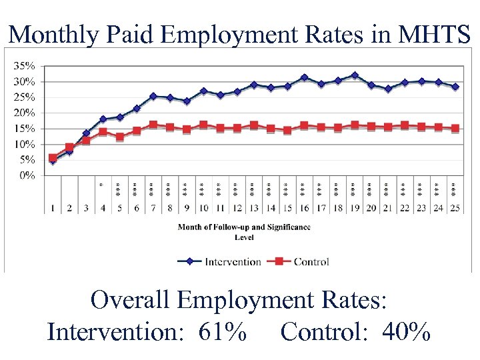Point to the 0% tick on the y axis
click(28, 175)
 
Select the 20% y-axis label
click(26, 113)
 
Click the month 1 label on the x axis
click(53, 209)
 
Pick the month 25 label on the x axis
click(455, 209)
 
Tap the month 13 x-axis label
click(253, 209)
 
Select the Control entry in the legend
click(311, 261)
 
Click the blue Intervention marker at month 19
click(355, 75)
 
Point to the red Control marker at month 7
click(153, 125)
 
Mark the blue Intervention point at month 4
click(103, 119)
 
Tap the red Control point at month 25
click(455, 128)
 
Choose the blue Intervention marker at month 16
click(304, 77)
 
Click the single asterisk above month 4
click(101, 184)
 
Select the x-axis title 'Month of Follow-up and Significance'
click(244, 227)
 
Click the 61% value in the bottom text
click(223, 331)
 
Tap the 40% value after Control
click(407, 331)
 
